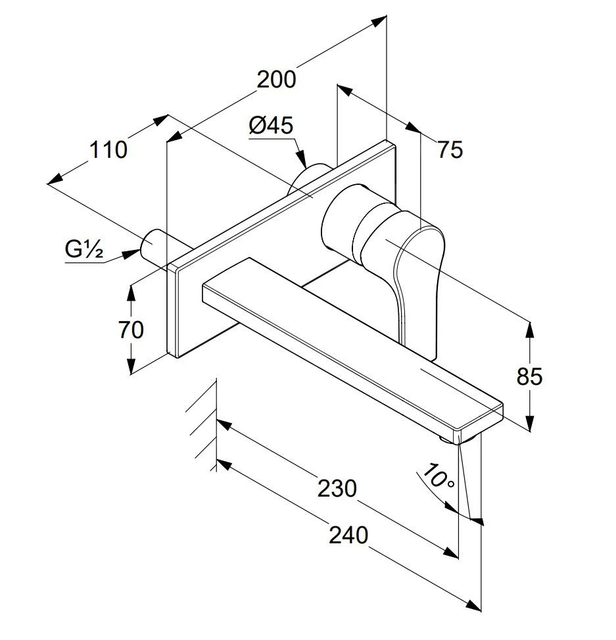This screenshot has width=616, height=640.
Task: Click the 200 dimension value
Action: click(x=276, y=79)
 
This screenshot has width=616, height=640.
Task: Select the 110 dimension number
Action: click(x=108, y=150)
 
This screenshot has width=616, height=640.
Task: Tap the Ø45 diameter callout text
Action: click(x=271, y=125)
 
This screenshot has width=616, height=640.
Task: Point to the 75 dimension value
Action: click(x=450, y=150)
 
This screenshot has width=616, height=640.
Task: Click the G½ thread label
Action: click(x=84, y=250)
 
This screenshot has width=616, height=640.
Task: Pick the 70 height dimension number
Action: click(x=131, y=329)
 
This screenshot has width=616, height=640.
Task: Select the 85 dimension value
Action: click(x=529, y=376)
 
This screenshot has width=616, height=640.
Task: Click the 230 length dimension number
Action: click(x=337, y=488)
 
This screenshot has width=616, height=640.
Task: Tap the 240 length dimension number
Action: click(x=348, y=535)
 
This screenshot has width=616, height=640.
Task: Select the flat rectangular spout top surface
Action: click(x=348, y=335)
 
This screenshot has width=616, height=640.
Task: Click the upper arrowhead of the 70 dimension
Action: click(x=131, y=289)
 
